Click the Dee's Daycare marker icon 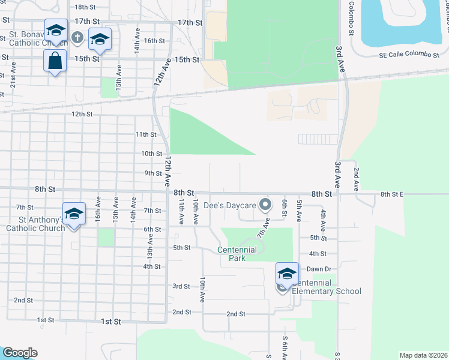click(x=264, y=205)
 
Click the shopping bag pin click(x=55, y=61)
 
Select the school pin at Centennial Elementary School click(x=287, y=274)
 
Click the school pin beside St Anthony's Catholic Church click(x=74, y=214)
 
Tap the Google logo click(x=20, y=353)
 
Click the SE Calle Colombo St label click(x=410, y=55)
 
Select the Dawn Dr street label click(x=319, y=269)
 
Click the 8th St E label click(x=393, y=194)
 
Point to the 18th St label click(x=85, y=7)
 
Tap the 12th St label click(x=82, y=113)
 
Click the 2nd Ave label click(x=357, y=179)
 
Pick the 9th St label click(x=154, y=173)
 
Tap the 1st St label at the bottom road click(x=111, y=322)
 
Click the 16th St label click(x=154, y=41)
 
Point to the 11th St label click(x=146, y=134)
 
